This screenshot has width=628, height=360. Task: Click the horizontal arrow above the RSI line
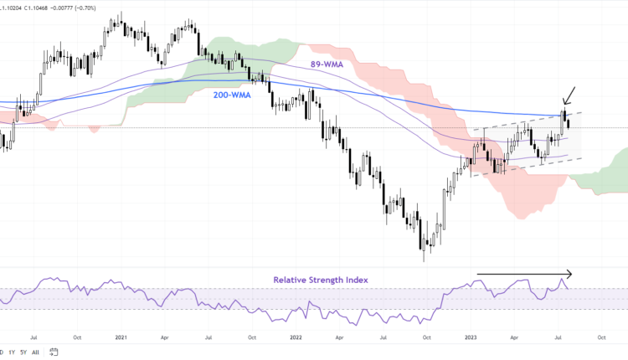coord(524,273)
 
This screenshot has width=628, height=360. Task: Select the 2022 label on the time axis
coord(296,337)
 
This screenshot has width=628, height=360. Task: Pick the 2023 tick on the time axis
coord(471,337)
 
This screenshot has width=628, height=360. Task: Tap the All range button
coord(35,352)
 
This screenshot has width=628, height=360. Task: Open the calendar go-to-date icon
coord(54,352)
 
